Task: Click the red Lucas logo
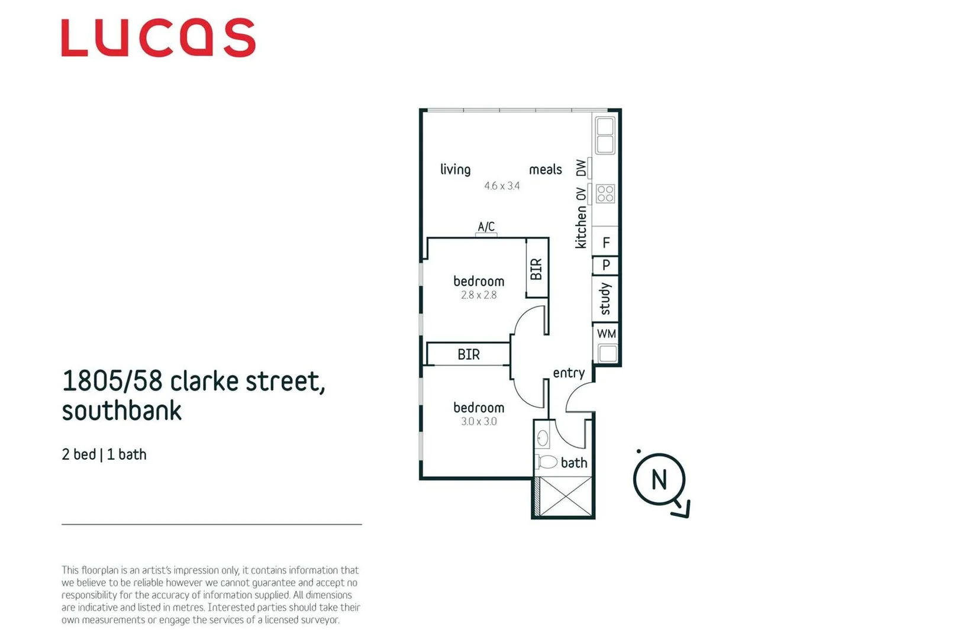pos(158,37)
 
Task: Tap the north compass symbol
pos(659,480)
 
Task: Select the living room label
pos(455,170)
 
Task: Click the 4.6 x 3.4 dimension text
pos(502,186)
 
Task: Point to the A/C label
pos(486,227)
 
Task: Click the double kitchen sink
pos(605,135)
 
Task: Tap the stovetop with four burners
pos(605,193)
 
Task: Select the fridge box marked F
pos(606,242)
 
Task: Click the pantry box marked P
pos(606,265)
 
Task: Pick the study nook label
pos(605,299)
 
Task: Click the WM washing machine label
pos(607,334)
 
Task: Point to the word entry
pos(569,373)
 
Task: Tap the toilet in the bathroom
pos(547,462)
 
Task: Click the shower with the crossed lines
pos(566,496)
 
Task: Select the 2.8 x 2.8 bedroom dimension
pos(479,295)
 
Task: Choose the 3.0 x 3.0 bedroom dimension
pos(479,422)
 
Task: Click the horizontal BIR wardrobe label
pos(469,354)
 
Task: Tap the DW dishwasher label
pos(581,168)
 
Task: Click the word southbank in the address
pos(121,411)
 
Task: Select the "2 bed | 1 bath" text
pos(104,454)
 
